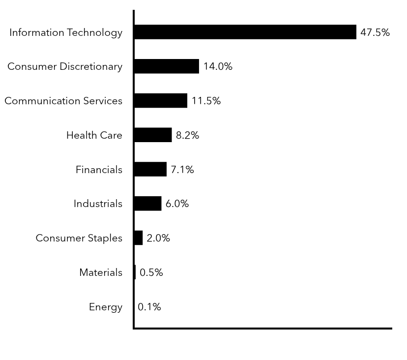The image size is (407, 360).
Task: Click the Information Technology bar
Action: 245,32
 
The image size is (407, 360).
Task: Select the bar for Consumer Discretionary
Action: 166,66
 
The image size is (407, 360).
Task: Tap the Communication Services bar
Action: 160,101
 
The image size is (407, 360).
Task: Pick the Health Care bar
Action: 152,135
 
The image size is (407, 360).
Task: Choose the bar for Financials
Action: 150,169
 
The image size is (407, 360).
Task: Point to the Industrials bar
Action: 147,204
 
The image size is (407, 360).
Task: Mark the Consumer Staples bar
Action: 138,238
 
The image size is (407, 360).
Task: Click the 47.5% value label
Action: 375,32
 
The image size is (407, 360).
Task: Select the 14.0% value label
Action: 218,66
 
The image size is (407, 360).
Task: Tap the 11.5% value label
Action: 206,101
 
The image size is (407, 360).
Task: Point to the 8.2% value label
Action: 187,135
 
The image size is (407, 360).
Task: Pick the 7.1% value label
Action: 182,170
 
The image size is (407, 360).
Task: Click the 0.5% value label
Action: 151,272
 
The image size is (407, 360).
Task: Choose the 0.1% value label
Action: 149,307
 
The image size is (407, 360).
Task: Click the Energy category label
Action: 105,307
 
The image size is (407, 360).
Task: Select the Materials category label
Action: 101,272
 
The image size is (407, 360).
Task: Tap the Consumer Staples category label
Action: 79,239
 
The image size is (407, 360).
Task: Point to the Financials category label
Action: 99,170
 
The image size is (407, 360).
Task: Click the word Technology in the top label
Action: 94,33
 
